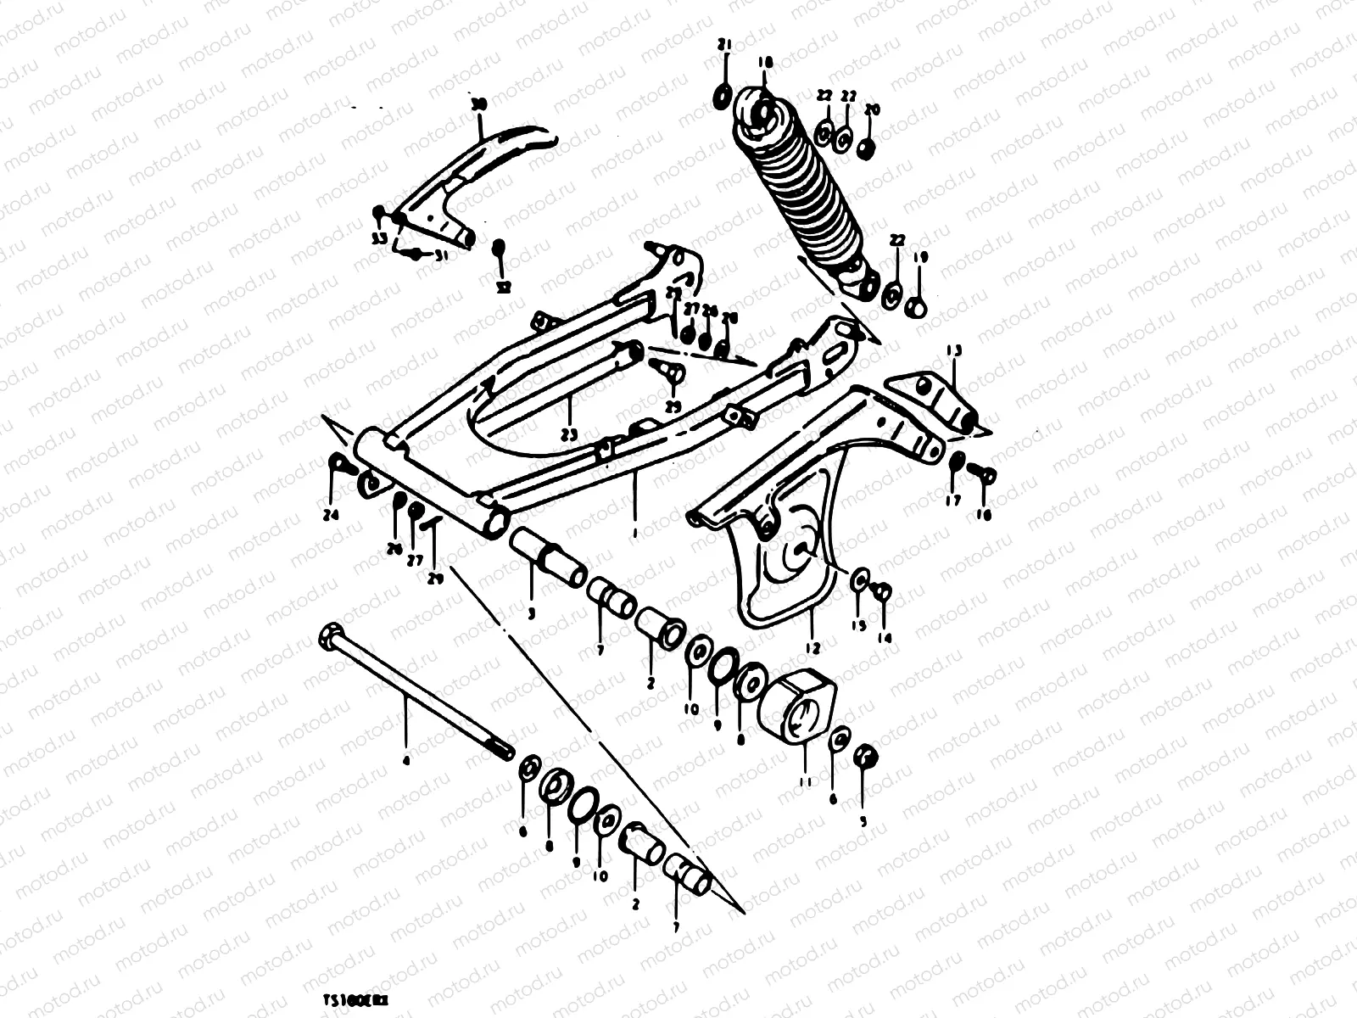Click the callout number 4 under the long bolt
click(405, 761)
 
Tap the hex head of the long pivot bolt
click(329, 635)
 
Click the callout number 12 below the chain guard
click(813, 648)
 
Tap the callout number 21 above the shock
click(723, 44)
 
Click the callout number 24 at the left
click(332, 515)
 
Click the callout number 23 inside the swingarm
click(568, 434)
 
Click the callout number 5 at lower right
click(864, 820)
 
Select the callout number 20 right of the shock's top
click(872, 111)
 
